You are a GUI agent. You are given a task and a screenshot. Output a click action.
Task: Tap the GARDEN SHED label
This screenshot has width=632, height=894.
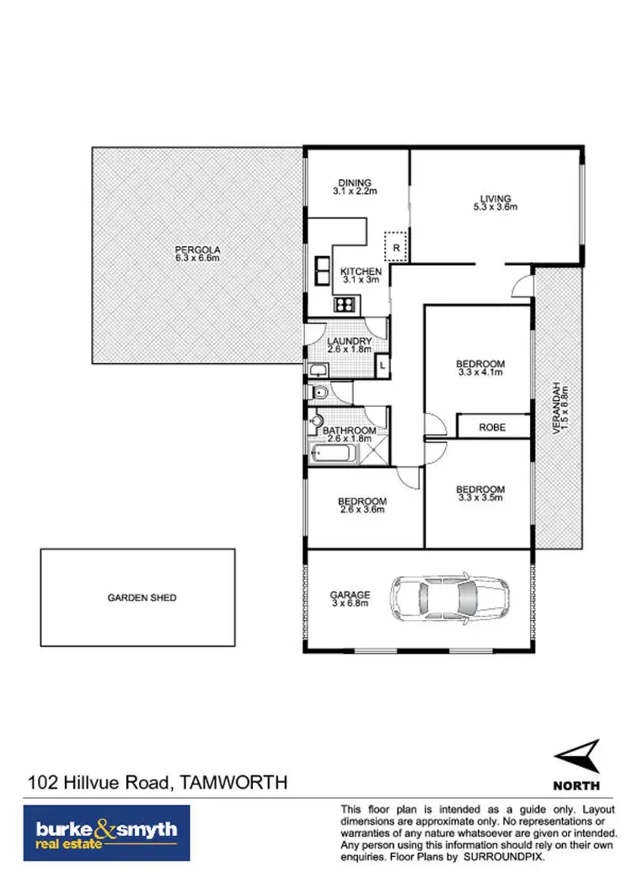(x=142, y=597)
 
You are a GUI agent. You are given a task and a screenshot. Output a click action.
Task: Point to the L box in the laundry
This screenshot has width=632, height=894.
(x=382, y=365)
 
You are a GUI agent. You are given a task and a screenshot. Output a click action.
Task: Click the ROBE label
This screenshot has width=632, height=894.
(x=492, y=427)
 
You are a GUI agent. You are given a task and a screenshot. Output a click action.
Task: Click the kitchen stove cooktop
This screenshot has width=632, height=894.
(x=346, y=304)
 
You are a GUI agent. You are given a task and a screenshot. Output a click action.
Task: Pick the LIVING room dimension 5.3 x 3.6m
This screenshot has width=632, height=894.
(x=495, y=206)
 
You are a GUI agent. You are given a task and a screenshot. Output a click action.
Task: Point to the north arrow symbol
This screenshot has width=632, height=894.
(x=577, y=756)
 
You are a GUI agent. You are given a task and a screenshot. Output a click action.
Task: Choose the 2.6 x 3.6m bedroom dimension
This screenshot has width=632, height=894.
(x=362, y=509)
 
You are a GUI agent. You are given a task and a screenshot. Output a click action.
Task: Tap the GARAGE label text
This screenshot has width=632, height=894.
(x=350, y=595)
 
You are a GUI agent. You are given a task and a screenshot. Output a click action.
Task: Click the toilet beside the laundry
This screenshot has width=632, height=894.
(x=321, y=392)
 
